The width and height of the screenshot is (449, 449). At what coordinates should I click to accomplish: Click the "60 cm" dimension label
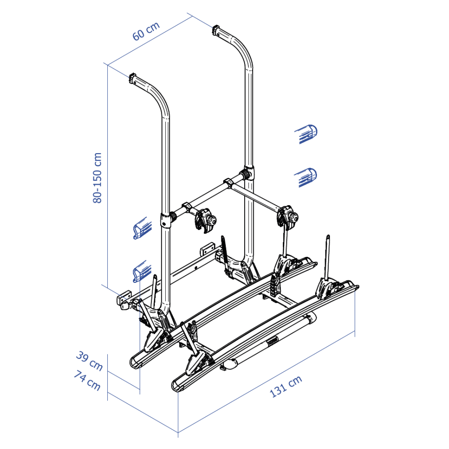[146, 31]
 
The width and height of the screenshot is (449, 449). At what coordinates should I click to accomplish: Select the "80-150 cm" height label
[97, 178]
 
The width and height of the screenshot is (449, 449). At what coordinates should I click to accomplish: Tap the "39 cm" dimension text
[89, 361]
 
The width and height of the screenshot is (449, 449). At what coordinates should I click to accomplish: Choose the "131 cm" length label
[286, 387]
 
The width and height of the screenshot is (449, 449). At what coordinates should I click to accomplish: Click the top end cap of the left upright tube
[134, 78]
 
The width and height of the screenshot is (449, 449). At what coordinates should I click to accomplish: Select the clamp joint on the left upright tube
[167, 220]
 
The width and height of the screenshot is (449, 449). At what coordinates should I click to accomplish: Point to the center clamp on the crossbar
[228, 183]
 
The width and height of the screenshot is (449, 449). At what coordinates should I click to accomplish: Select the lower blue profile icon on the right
[306, 176]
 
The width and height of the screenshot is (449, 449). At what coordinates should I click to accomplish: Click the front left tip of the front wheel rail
[176, 387]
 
